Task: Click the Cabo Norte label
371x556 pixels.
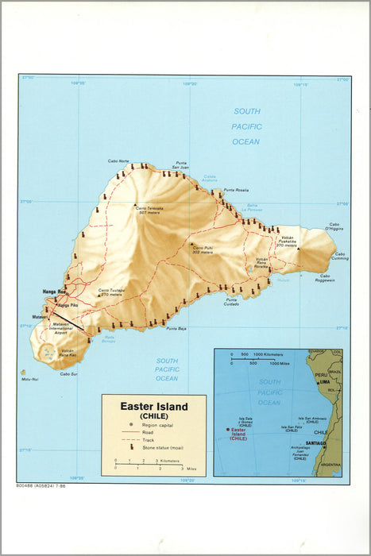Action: tap(118, 161)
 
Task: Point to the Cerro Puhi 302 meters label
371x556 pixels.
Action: tap(203, 249)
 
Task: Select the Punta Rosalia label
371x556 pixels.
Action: tap(236, 191)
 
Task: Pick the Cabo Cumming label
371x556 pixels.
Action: tap(339, 257)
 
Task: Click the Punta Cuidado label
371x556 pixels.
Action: tap(231, 303)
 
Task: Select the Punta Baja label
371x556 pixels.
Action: tap(176, 328)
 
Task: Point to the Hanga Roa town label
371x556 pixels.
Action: tap(54, 292)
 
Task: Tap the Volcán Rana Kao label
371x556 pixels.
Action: tap(68, 352)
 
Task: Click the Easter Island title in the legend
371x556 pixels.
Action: tap(154, 407)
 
